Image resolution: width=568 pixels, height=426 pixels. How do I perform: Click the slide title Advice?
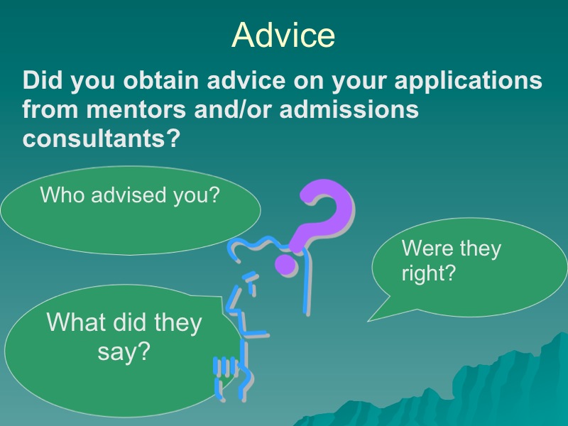coord(283,35)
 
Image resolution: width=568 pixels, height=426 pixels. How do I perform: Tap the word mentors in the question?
coord(136,109)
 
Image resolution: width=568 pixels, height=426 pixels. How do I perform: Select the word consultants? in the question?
coord(101,138)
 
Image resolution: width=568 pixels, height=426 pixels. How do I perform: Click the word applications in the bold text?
coord(468,81)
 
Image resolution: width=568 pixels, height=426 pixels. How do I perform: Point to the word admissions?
coord(349,109)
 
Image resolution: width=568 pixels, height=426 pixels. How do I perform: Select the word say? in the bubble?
coord(124,352)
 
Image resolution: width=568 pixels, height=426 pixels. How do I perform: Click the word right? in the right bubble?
coord(428,274)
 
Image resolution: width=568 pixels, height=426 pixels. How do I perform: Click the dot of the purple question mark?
coord(286,264)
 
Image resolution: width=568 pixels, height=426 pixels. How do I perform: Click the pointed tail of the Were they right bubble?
coord(369,320)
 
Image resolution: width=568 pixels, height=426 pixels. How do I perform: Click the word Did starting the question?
coord(43,80)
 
